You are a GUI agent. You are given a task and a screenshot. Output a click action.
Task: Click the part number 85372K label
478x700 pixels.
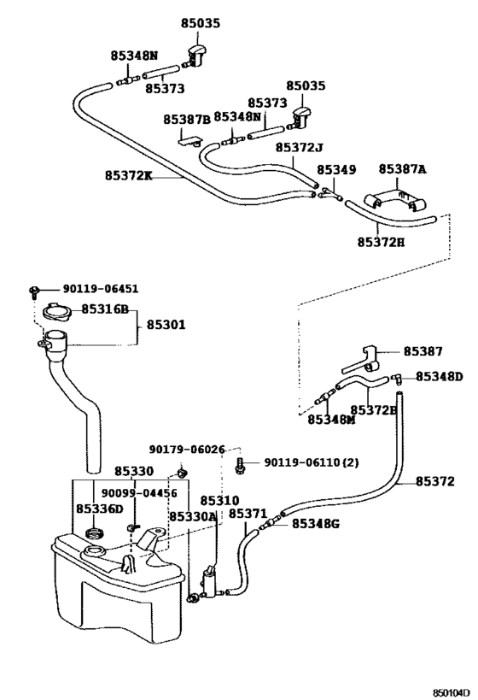[x=128, y=175]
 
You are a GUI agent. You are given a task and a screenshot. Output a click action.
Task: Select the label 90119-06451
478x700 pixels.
[x=101, y=289]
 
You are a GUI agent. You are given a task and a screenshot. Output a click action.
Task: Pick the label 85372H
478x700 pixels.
[x=382, y=242]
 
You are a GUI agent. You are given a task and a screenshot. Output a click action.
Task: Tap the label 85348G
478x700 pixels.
[x=316, y=523]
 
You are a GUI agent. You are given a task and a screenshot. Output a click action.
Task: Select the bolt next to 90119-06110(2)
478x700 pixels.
[x=240, y=465]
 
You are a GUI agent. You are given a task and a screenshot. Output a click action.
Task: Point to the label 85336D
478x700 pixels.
[x=99, y=509]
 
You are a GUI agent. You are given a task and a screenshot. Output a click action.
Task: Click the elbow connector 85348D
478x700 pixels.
[x=396, y=379]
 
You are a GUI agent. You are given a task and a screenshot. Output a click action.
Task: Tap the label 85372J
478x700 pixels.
[x=299, y=147]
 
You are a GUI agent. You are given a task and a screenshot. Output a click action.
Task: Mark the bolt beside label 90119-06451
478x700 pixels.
[x=34, y=291]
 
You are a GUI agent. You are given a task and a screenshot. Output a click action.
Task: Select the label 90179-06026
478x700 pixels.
[x=187, y=450]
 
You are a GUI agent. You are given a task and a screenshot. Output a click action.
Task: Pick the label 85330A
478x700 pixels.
[x=192, y=516]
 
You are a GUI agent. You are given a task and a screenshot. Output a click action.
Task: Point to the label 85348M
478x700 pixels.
[x=331, y=420]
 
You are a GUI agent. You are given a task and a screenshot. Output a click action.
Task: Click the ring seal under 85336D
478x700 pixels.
[x=94, y=532]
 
